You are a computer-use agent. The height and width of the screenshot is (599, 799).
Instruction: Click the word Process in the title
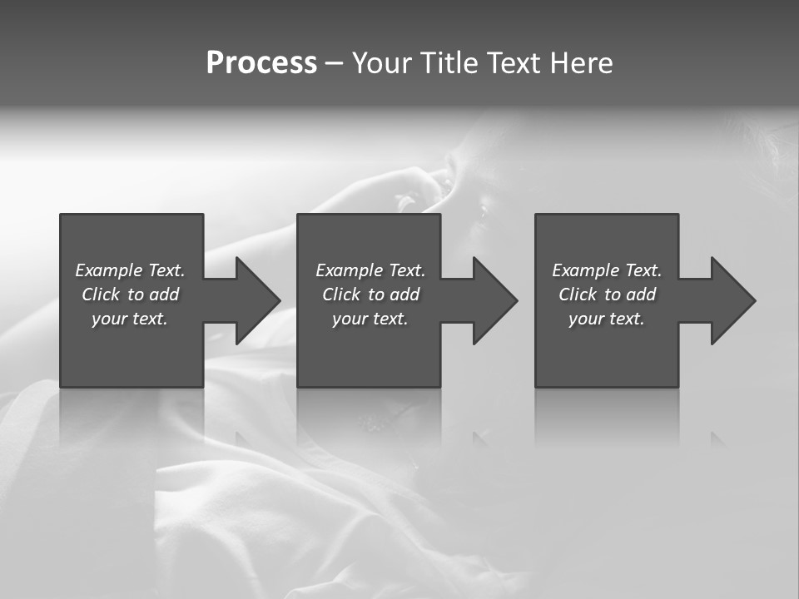click(x=261, y=63)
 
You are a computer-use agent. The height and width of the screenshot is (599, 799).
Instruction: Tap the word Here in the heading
click(x=581, y=63)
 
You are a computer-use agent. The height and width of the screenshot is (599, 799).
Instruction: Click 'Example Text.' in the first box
click(x=131, y=270)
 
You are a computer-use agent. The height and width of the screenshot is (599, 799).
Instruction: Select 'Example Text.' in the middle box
click(x=370, y=270)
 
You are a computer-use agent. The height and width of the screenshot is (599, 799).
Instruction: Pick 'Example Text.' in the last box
click(x=607, y=270)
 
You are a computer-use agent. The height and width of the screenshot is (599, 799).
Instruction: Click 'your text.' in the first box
click(x=130, y=319)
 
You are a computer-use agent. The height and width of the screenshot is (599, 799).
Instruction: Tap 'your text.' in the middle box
click(x=370, y=319)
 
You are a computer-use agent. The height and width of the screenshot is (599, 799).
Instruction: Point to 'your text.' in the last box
click(x=606, y=319)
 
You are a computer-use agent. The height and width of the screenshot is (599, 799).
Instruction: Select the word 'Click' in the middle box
click(x=341, y=295)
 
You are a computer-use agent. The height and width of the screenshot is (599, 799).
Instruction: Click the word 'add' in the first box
click(x=163, y=295)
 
